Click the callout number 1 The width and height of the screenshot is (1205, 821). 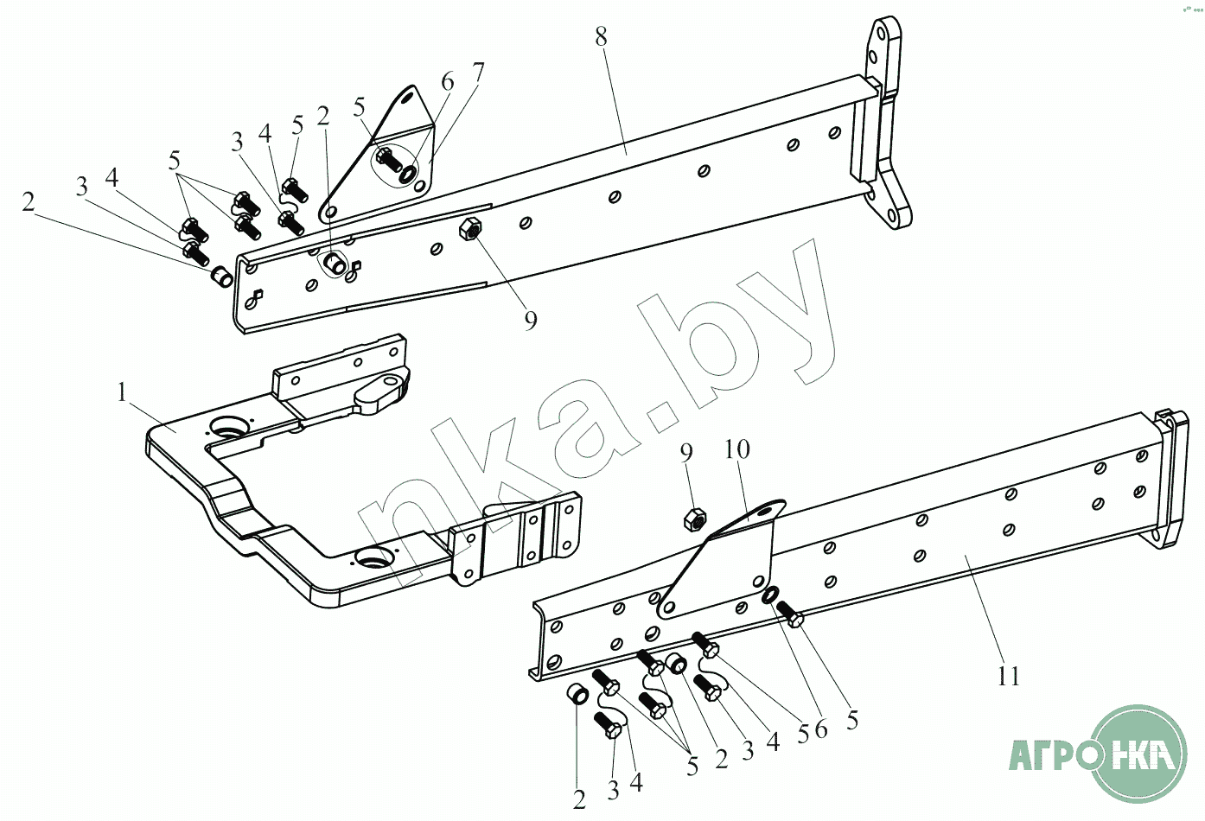click(x=123, y=393)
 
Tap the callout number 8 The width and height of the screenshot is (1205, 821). click(x=602, y=37)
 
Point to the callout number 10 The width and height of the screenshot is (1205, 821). click(x=737, y=449)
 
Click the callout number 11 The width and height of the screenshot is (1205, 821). click(x=1009, y=675)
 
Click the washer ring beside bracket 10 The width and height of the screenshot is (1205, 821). click(x=769, y=595)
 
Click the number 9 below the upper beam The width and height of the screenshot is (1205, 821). click(x=531, y=321)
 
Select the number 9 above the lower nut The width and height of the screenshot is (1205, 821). click(x=686, y=453)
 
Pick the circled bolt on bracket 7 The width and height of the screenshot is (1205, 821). click(x=388, y=160)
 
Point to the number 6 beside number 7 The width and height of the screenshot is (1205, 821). click(x=447, y=83)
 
